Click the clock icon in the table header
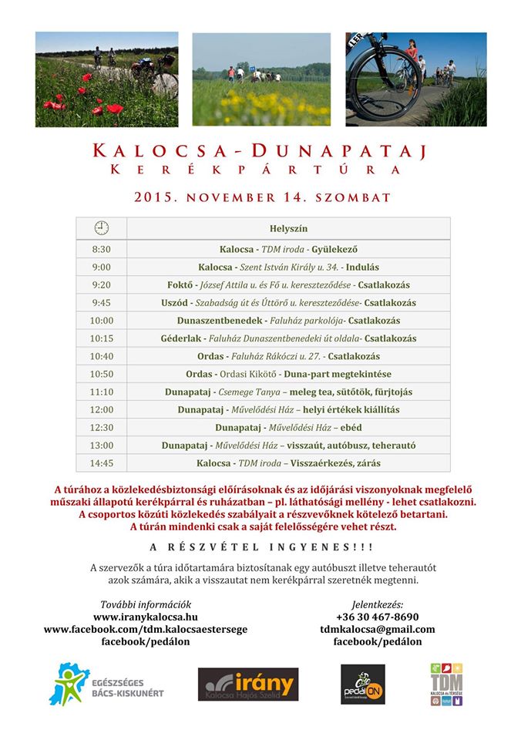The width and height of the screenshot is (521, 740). click(101, 227)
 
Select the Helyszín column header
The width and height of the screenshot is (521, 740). click(288, 228)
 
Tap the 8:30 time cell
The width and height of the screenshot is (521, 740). click(101, 250)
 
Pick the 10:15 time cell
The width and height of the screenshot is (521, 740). click(101, 338)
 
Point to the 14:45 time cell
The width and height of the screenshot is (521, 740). click(101, 463)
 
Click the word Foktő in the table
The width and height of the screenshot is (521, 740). click(180, 285)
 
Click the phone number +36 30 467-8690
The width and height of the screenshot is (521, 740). click(377, 617)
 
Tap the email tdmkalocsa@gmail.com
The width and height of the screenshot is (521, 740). click(377, 629)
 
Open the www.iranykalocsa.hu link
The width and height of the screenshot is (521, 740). click(146, 617)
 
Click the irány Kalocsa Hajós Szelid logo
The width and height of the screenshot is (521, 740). click(247, 684)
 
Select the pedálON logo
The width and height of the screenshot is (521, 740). click(362, 684)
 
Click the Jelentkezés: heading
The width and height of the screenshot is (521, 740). click(377, 604)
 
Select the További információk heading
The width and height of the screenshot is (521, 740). click(146, 604)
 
